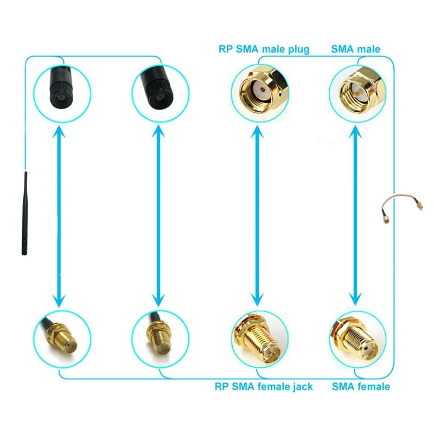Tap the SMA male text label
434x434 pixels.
(x=356, y=49)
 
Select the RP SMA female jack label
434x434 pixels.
(x=264, y=387)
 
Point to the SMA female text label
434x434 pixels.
(x=361, y=387)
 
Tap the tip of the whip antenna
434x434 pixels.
(x=25, y=175)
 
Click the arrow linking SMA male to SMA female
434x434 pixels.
(x=356, y=212)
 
